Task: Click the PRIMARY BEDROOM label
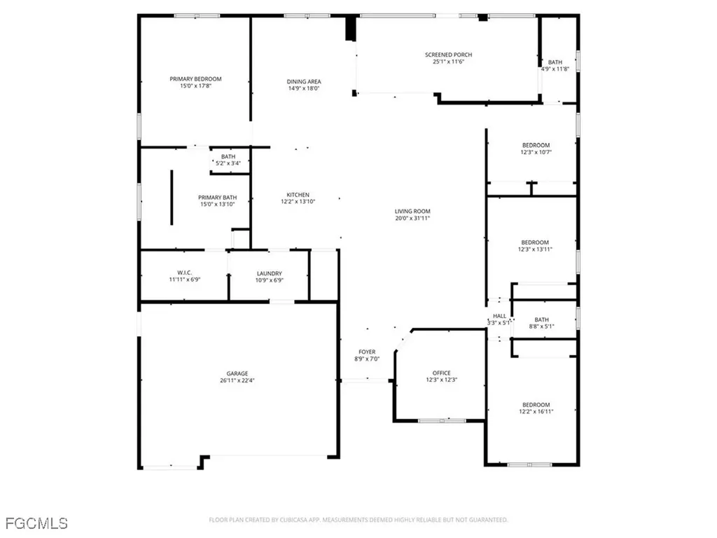coord(195,79)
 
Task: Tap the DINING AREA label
coord(304,81)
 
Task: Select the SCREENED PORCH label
coord(448,55)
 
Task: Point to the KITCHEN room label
coord(297,195)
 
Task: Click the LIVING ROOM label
coord(412,211)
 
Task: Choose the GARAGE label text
coord(237,373)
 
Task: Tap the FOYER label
coord(367,352)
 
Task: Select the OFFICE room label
coord(441,373)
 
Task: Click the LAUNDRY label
coord(269,273)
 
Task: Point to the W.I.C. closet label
coord(185,273)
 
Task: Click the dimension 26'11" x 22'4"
coord(237,381)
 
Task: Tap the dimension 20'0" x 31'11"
coord(412,219)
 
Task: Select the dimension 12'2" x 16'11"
coord(536,413)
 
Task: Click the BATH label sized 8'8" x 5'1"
coord(541,319)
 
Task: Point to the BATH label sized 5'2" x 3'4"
coord(228,156)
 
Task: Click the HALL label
coord(499,316)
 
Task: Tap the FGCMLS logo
coord(36,523)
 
